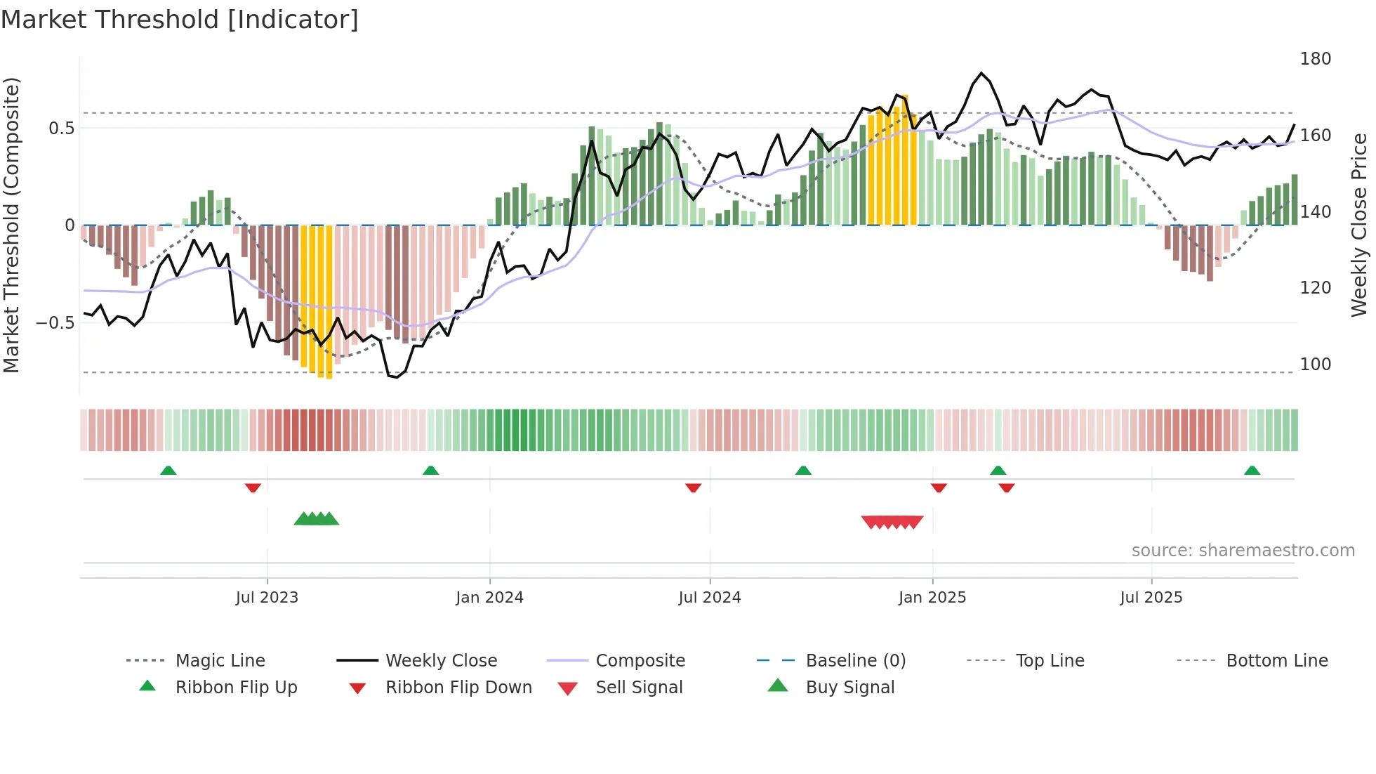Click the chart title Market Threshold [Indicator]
(x=180, y=20)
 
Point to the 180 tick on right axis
(x=1315, y=59)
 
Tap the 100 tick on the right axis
(x=1315, y=365)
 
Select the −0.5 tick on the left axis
(x=55, y=323)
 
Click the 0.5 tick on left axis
(x=61, y=129)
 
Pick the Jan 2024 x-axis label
(x=489, y=598)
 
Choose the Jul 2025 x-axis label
(x=1151, y=598)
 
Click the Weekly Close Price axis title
(x=1359, y=225)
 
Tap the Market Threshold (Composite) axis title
(x=11, y=225)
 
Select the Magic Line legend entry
(x=220, y=661)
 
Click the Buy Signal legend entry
(x=849, y=688)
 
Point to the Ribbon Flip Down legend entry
(x=458, y=688)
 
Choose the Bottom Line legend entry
(x=1276, y=661)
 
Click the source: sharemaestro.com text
(x=1243, y=551)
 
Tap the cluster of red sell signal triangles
(x=892, y=522)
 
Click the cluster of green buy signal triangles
(x=316, y=519)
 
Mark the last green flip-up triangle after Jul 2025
(x=1252, y=471)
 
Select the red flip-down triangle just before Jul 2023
(x=253, y=487)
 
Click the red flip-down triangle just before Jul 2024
(x=693, y=487)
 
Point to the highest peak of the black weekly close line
(x=981, y=73)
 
